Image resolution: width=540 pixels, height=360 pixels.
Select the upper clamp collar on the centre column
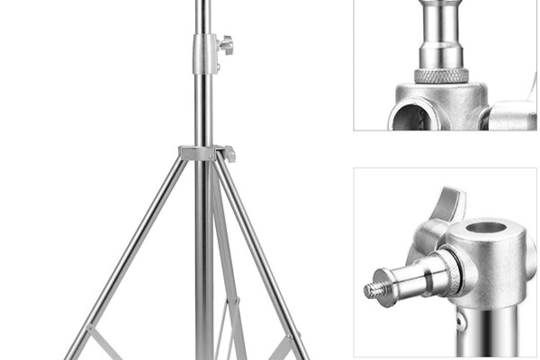tap(204, 53)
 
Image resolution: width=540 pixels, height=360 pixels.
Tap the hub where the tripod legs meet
tap(200, 153)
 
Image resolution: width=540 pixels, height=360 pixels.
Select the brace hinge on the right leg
tap(290, 342)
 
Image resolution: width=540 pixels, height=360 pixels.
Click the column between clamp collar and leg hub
tap(203, 108)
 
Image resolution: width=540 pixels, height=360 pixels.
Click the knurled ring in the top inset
tap(441, 76)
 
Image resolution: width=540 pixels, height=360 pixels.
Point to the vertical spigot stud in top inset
tap(441, 31)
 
